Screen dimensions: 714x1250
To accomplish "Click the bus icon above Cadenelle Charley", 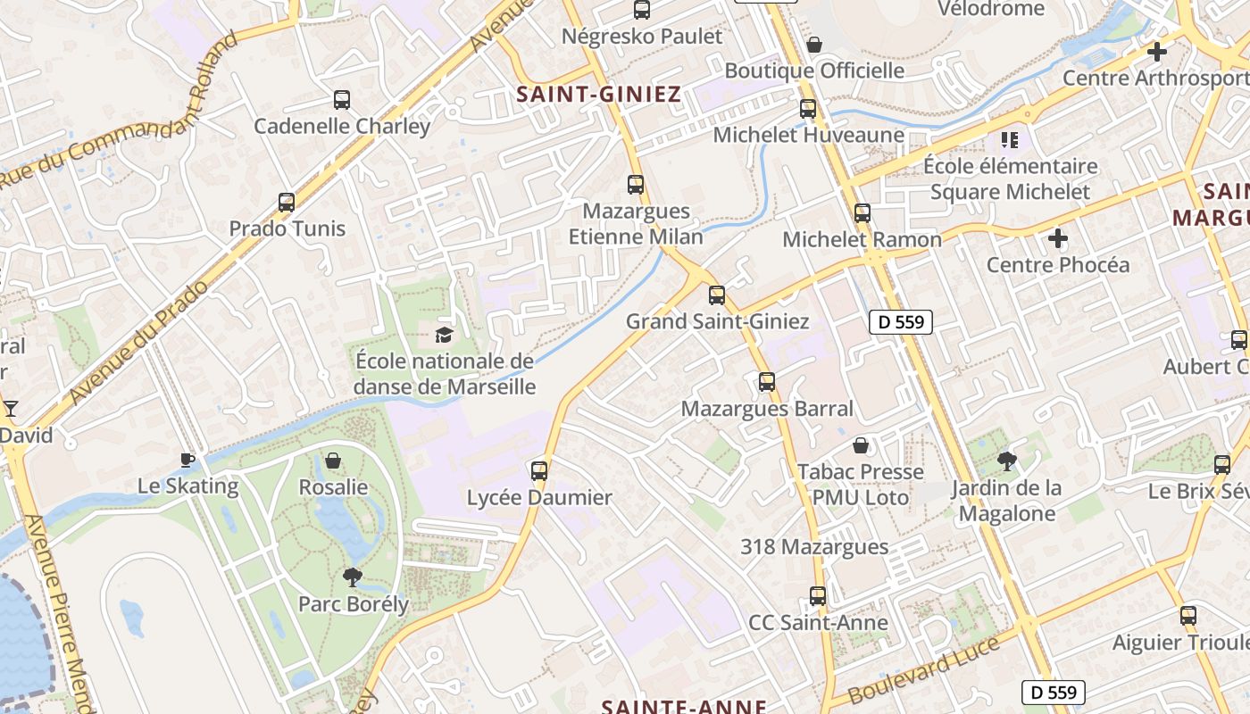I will pos(341,100).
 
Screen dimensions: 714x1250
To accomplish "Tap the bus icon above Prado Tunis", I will pos(286,203).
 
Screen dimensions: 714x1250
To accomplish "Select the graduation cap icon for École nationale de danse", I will pos(444,335).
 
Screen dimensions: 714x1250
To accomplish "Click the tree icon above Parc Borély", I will pos(353,577).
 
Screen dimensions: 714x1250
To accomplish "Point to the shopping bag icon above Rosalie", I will pos(333,461).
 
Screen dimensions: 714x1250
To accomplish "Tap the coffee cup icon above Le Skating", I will pos(187,461).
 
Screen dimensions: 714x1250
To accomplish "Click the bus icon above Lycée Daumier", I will pos(539,471).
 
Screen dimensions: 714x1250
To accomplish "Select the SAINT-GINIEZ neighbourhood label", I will pos(599,94).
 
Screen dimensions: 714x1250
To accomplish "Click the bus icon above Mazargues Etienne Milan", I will pos(636,185).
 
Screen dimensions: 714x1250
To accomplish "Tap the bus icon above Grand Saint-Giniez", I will pos(717,295).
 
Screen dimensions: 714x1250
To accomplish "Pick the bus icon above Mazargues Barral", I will pos(766,382).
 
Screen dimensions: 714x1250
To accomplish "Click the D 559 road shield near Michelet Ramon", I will pos(901,322).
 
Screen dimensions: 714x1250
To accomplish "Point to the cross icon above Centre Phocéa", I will pos(1058,238).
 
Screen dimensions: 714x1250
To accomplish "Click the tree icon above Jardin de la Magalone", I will pos(1007,461).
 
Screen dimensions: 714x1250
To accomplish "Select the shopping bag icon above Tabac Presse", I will pos(861,444).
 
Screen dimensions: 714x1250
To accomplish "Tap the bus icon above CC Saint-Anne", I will pos(818,596).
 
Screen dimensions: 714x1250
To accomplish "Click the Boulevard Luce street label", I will pos(924,670).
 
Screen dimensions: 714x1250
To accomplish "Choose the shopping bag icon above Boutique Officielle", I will pos(814,44).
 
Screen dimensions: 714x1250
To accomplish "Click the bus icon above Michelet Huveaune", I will pos(808,109).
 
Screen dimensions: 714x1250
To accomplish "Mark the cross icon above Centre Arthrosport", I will pos(1157,52).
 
